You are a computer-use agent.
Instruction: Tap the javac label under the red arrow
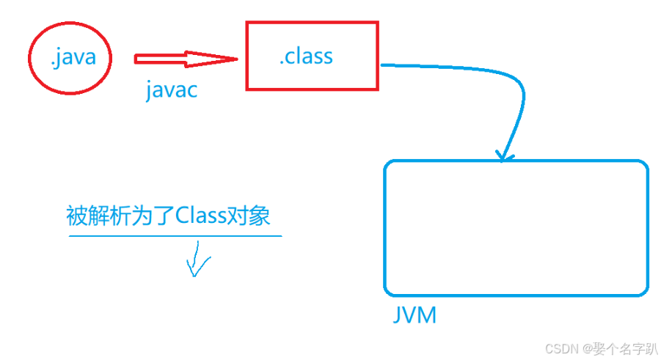171,91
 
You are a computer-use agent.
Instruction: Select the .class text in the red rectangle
306,56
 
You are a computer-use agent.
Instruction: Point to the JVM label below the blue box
415,316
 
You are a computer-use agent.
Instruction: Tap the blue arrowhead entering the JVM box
502,155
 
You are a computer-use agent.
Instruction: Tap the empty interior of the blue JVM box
516,228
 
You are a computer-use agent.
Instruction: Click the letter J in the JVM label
397,316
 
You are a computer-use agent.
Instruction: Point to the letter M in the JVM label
428,316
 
